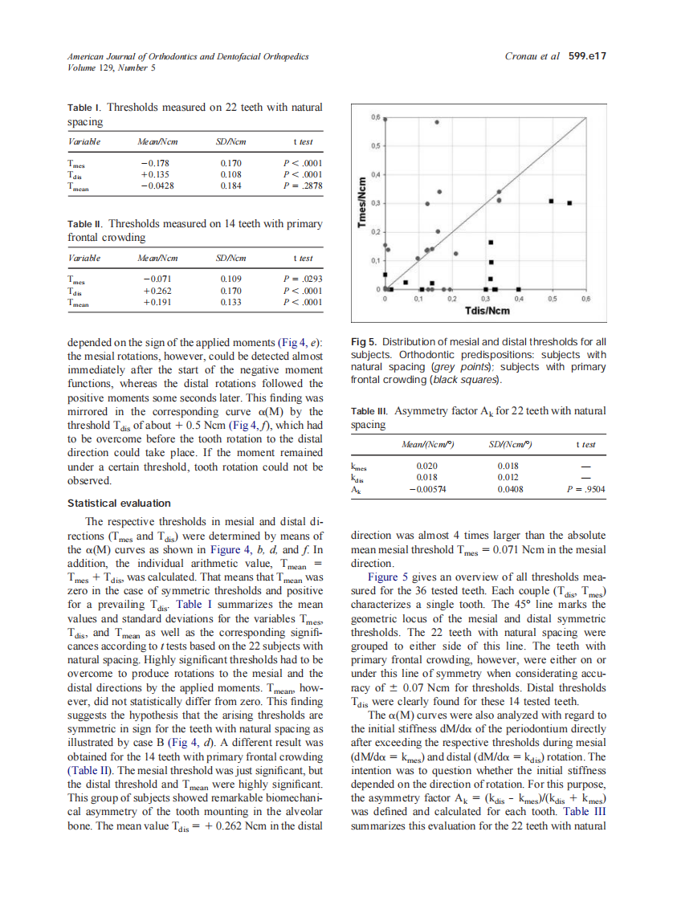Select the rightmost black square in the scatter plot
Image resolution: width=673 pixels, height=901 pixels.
(x=569, y=203)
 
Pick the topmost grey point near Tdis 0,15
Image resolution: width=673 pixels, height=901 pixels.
(x=437, y=122)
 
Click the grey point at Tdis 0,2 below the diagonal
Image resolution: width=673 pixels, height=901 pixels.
(x=456, y=254)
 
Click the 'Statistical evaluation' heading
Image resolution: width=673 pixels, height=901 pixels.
(x=118, y=503)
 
